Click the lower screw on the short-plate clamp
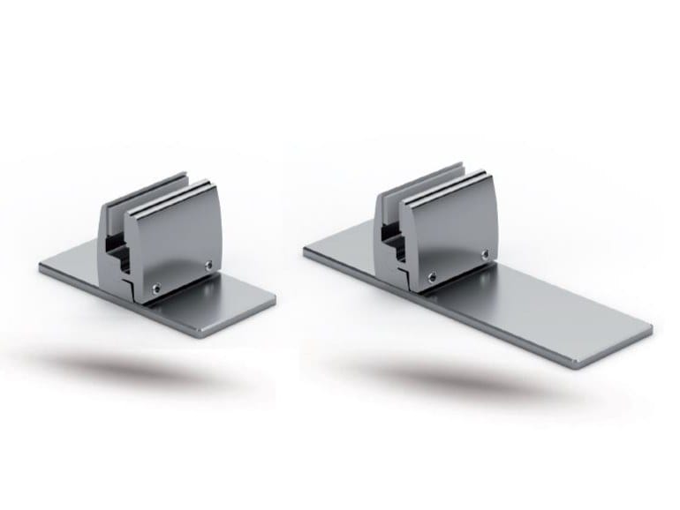click(155, 284)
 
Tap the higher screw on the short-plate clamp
click(208, 262)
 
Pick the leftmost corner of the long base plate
click(306, 251)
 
